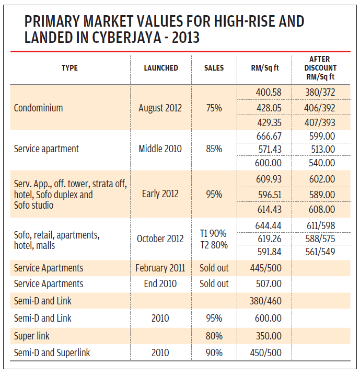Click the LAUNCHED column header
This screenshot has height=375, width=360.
161,68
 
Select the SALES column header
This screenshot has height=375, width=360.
214,68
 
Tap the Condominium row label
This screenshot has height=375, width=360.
38,108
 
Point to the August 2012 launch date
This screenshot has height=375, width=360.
160,108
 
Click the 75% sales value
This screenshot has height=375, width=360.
214,108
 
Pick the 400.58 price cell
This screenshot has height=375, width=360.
269,93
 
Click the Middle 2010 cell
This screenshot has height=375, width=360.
160,149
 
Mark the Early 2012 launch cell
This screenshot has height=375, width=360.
160,194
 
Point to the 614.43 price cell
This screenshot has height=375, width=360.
269,209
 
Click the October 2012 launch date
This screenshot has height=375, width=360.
160,238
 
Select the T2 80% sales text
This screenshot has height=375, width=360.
214,244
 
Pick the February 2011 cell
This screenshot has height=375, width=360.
160,268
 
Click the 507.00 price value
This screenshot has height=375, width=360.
269,284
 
